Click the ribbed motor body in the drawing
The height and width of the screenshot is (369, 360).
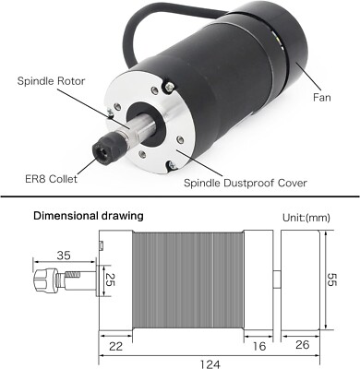click(x=189, y=280)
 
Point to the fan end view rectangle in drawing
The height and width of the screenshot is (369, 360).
click(x=300, y=280)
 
